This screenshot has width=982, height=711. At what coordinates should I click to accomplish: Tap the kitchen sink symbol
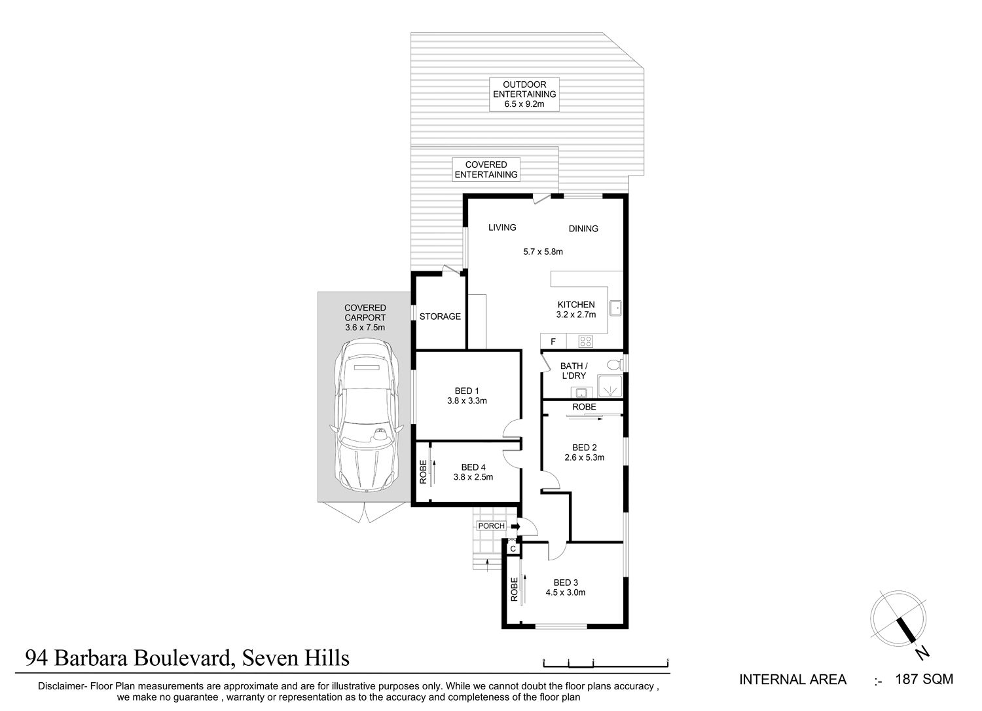[x=615, y=308]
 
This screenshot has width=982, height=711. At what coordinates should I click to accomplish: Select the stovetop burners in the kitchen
[x=585, y=341]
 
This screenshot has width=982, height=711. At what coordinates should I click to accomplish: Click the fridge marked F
[x=553, y=341]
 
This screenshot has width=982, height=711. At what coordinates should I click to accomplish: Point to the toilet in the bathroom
[x=615, y=364]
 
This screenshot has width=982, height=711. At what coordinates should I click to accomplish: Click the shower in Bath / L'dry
[x=609, y=386]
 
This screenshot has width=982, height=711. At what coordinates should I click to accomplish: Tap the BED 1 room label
[x=467, y=391]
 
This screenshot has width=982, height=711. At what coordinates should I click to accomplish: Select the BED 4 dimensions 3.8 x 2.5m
[x=473, y=477]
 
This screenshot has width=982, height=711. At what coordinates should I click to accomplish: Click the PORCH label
[x=492, y=526]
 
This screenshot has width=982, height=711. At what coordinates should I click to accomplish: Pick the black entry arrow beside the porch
[x=516, y=526]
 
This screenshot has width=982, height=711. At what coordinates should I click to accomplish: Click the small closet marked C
[x=513, y=548]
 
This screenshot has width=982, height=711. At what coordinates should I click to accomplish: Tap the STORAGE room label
[x=440, y=317]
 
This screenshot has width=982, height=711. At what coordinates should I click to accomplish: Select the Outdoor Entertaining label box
[x=524, y=94]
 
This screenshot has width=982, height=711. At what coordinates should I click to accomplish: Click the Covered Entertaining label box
[x=486, y=170]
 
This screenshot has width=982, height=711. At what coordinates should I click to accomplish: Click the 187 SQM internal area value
[x=924, y=680]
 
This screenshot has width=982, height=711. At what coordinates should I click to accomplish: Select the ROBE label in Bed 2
[x=585, y=407]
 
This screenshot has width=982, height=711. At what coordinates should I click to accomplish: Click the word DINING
[x=583, y=229]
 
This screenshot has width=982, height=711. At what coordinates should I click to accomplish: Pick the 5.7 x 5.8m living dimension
[x=543, y=252]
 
